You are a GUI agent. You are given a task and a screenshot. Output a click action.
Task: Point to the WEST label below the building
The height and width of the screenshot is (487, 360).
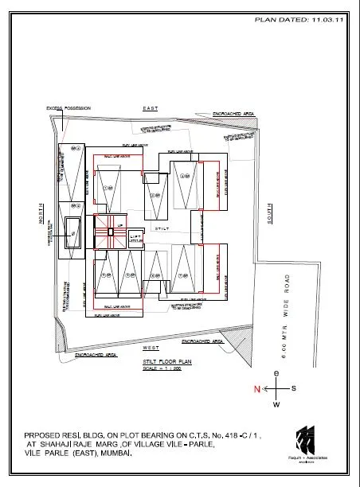point(150,348)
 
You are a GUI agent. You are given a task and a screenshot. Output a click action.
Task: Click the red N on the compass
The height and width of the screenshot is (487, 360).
point(256,388)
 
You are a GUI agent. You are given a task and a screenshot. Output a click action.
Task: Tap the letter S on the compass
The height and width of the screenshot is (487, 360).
point(294,388)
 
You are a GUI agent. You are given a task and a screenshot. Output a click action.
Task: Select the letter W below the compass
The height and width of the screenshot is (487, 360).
point(276,405)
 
